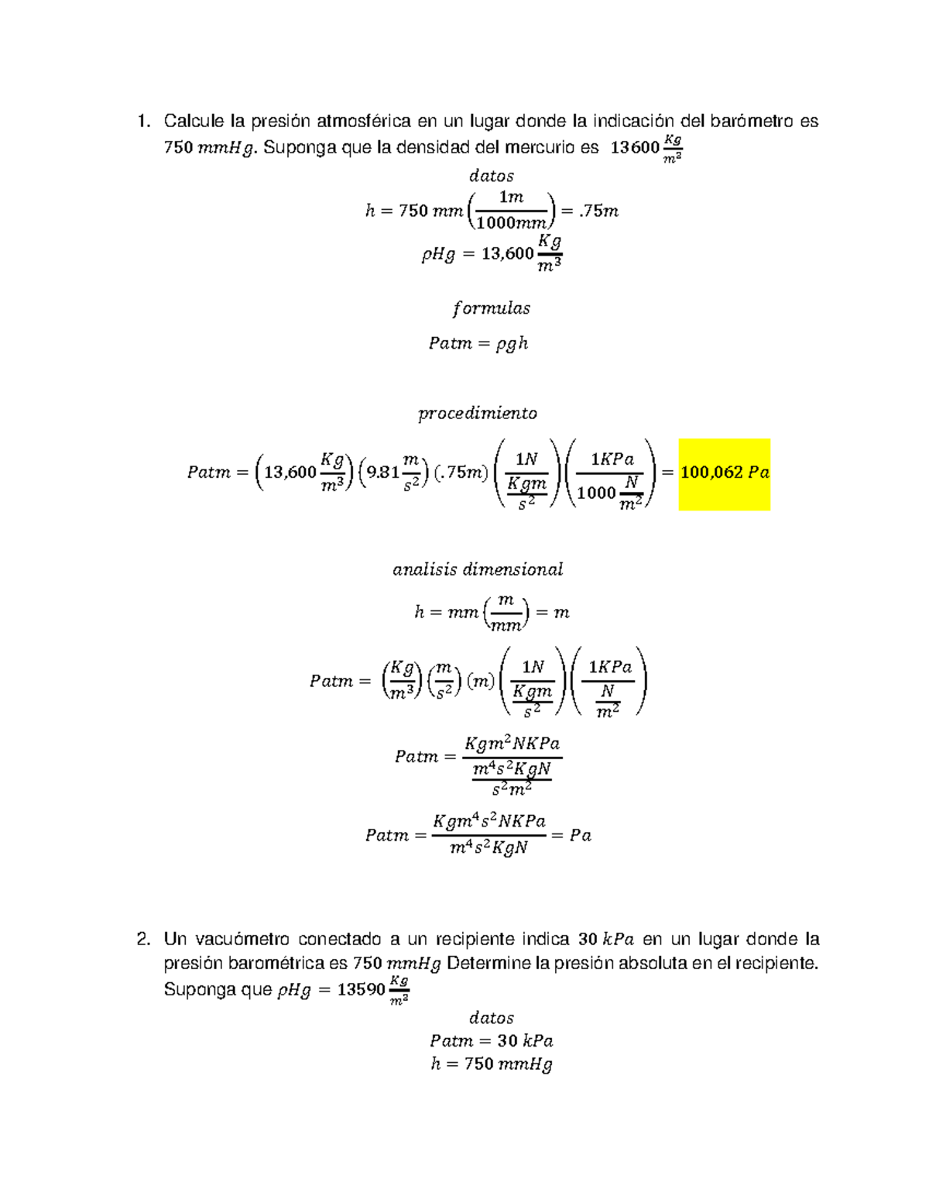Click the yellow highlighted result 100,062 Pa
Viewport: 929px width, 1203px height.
(x=724, y=473)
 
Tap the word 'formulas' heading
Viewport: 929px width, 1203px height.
(x=492, y=308)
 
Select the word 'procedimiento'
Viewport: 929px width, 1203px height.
(x=478, y=414)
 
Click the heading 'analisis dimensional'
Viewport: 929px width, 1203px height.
(x=478, y=570)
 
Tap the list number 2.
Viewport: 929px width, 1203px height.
(x=142, y=940)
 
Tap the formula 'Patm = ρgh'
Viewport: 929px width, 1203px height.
(x=478, y=343)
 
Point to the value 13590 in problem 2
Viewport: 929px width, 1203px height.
(x=361, y=990)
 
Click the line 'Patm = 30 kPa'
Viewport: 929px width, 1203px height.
(x=492, y=1041)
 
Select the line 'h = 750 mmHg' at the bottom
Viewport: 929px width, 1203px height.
(x=492, y=1064)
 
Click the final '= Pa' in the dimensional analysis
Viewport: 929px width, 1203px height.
(x=572, y=836)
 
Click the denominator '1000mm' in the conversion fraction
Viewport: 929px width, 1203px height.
(x=511, y=223)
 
